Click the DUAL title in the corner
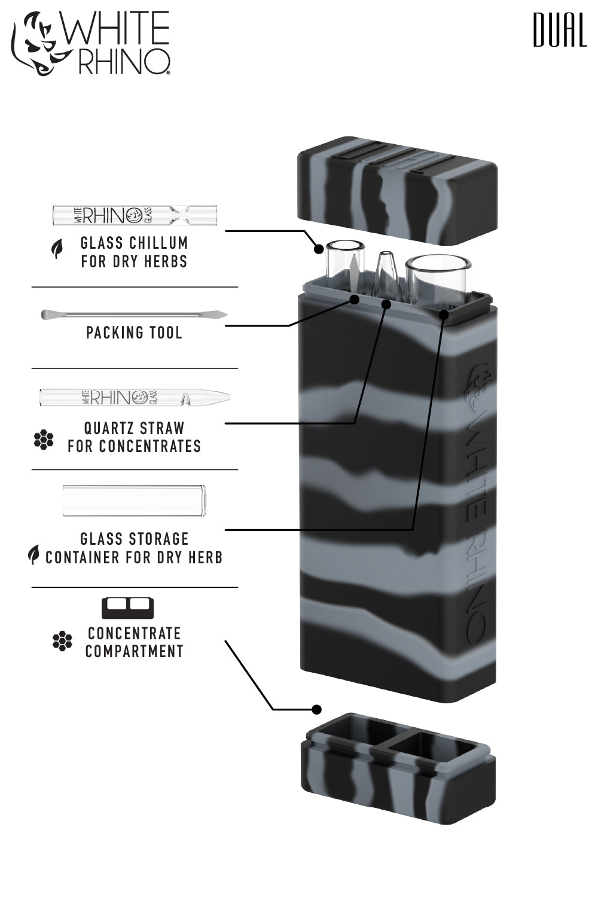pyautogui.click(x=559, y=30)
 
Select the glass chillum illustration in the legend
pyautogui.click(x=135, y=215)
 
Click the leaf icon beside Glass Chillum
pyautogui.click(x=57, y=249)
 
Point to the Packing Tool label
pyautogui.click(x=134, y=332)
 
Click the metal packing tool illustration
pyautogui.click(x=134, y=314)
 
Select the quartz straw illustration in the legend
pyautogui.click(x=135, y=396)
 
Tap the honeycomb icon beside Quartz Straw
pyautogui.click(x=44, y=440)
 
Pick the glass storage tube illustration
pyautogui.click(x=135, y=501)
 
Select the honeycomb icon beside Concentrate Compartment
pyautogui.click(x=62, y=641)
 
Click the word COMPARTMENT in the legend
pyautogui.click(x=134, y=651)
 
